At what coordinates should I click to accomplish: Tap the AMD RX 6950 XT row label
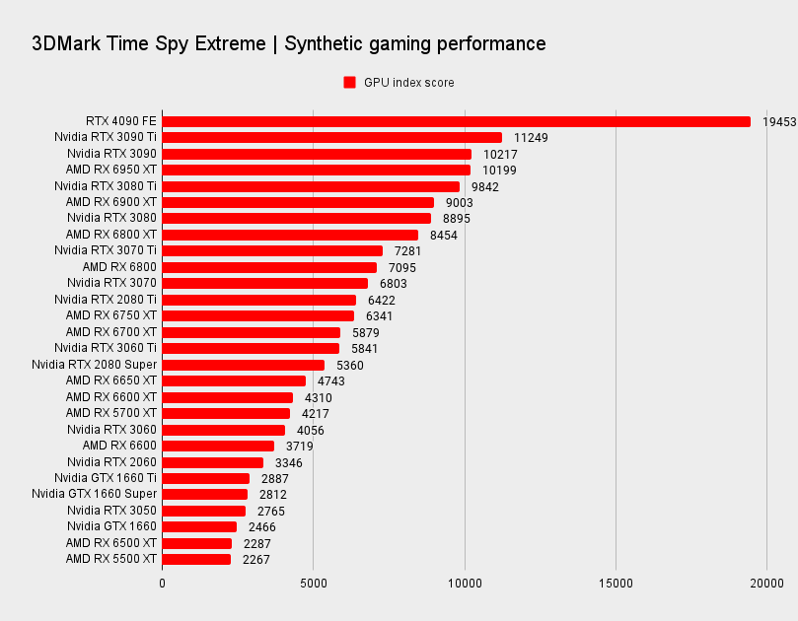[111, 171]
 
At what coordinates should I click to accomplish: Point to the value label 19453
[779, 121]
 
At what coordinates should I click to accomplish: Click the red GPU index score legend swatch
[349, 83]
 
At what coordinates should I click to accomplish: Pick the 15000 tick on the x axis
[616, 583]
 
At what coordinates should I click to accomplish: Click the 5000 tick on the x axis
[314, 583]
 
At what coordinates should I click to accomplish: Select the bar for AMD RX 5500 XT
[196, 559]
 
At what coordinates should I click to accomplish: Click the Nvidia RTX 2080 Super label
[94, 365]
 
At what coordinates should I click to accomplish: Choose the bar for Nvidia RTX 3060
[224, 430]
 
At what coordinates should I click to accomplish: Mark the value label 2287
[256, 543]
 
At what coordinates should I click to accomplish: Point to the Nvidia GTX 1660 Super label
[94, 494]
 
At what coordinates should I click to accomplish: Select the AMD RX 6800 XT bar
[290, 235]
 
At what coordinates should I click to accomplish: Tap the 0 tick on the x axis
[163, 583]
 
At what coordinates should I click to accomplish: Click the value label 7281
[408, 251]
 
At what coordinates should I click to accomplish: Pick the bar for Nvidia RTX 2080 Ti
[259, 300]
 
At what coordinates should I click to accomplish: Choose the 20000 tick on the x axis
[766, 583]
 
